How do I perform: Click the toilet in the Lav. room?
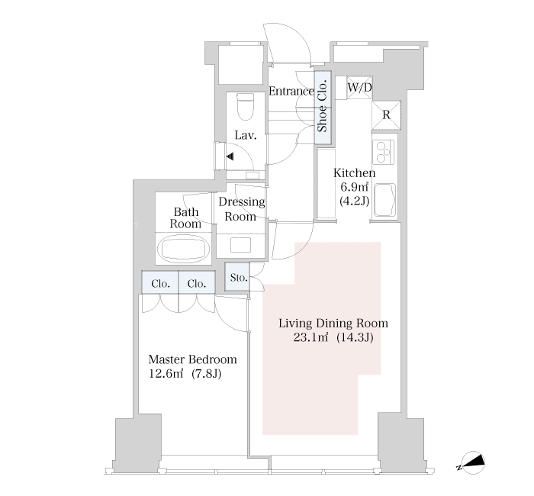pos(245,107)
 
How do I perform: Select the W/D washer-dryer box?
pos(359,88)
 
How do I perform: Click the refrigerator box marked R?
pos(386,114)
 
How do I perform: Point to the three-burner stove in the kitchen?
pos(384,151)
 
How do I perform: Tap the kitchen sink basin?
pos(384,200)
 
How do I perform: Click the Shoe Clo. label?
pos(322,106)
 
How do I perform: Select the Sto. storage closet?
pos(237,276)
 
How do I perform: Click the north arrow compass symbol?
pos(472,463)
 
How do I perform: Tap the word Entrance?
pos(291,92)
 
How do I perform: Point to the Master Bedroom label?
pos(193,359)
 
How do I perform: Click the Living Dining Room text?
pos(333,324)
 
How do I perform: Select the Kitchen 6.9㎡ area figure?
pos(355,187)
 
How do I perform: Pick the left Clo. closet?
pos(160,282)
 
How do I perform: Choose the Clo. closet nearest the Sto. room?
pos(197,282)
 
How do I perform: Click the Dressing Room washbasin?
pos(241,245)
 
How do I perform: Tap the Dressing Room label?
pos(241,209)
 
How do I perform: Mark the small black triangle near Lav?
pos(230,156)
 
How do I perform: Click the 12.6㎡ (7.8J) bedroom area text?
pos(185,374)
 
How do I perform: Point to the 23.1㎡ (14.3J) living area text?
pos(333,337)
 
